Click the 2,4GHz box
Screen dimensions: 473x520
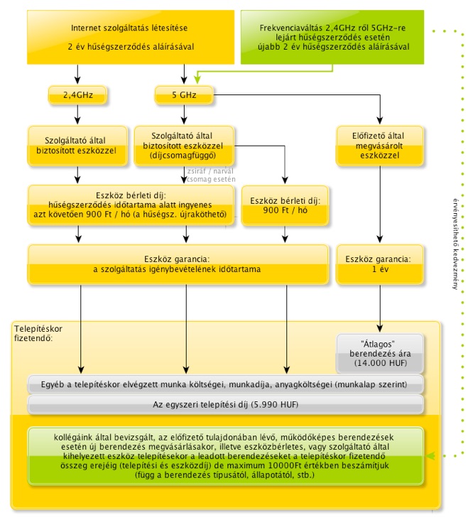pyautogui.click(x=77, y=95)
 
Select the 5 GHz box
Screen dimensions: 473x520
pyautogui.click(x=184, y=95)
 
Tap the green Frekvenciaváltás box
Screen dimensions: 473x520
pyautogui.click(x=332, y=37)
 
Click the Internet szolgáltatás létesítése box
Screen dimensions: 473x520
pyautogui.click(x=131, y=37)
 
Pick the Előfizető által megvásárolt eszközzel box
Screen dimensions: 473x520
pyautogui.click(x=379, y=146)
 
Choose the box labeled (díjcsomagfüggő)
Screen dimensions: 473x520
pyautogui.click(x=184, y=146)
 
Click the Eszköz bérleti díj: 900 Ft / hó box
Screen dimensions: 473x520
pyautogui.click(x=285, y=205)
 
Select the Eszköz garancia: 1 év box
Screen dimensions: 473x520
pyautogui.click(x=379, y=264)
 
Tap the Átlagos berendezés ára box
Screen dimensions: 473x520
pyautogui.click(x=380, y=354)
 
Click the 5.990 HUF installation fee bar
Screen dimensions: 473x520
pyautogui.click(x=225, y=405)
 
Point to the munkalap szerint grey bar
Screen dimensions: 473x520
pyautogui.click(x=225, y=385)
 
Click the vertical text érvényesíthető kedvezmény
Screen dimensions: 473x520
pyautogui.click(x=455, y=244)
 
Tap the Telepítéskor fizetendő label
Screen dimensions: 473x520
pyautogui.click(x=38, y=333)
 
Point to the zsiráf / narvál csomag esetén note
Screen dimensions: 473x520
pyautogui.click(x=211, y=175)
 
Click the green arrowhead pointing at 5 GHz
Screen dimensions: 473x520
pyautogui.click(x=197, y=80)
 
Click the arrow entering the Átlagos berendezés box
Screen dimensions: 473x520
pyautogui.click(x=380, y=308)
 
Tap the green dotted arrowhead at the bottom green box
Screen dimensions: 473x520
pyautogui.click(x=430, y=456)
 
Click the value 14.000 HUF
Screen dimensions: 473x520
pyautogui.click(x=380, y=363)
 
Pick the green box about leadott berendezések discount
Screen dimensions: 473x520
pyautogui.click(x=225, y=456)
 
